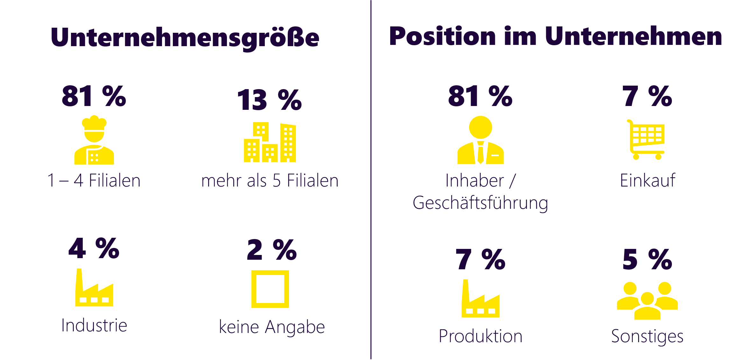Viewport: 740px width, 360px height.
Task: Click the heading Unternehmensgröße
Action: [x=185, y=38]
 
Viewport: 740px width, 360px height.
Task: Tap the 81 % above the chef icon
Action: [x=94, y=96]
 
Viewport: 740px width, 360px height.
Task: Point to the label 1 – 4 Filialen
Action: [x=94, y=180]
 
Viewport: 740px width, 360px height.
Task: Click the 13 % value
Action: [x=269, y=100]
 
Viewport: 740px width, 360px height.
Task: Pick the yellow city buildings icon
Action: [x=270, y=142]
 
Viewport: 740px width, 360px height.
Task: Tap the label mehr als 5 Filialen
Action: [x=270, y=180]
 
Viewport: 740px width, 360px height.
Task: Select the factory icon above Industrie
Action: [x=94, y=288]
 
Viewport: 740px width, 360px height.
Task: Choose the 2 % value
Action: [x=271, y=250]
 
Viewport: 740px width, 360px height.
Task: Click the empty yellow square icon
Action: [x=270, y=289]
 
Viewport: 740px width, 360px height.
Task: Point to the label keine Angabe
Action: [x=272, y=327]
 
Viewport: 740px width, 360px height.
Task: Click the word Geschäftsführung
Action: [x=480, y=203]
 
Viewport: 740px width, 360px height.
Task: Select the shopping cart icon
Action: [x=646, y=140]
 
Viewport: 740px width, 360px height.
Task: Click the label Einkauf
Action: [x=647, y=180]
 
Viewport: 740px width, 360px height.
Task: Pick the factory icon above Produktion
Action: [x=480, y=299]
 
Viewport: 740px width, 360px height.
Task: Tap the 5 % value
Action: [x=647, y=260]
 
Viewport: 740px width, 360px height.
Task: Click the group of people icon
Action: [x=647, y=300]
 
